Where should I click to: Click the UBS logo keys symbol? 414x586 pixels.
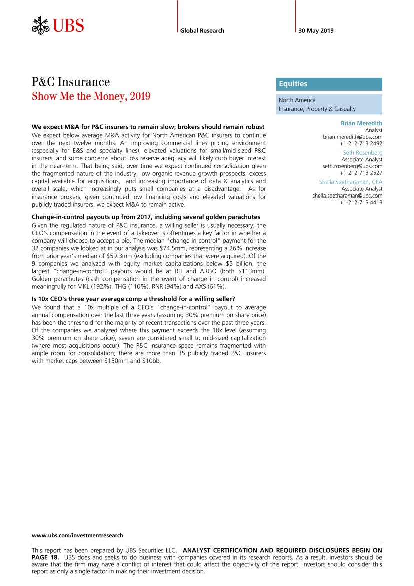tap(40, 25)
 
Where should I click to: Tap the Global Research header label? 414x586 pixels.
tap(202, 31)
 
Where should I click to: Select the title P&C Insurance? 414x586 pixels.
tap(71, 82)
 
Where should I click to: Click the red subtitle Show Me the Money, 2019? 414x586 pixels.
tap(91, 96)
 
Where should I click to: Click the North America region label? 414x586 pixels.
tap(297, 100)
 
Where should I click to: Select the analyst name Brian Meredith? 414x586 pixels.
tap(361, 123)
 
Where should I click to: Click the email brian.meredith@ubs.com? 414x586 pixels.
tap(352, 136)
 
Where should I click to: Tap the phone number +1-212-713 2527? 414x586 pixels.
tap(361, 172)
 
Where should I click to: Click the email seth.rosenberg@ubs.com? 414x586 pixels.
tap(352, 166)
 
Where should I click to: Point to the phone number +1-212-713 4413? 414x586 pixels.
tap(361, 202)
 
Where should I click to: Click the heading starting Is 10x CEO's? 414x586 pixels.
tap(133, 299)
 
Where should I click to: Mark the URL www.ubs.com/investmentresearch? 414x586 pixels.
tap(77, 535)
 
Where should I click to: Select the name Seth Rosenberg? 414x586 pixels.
tap(362, 152)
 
